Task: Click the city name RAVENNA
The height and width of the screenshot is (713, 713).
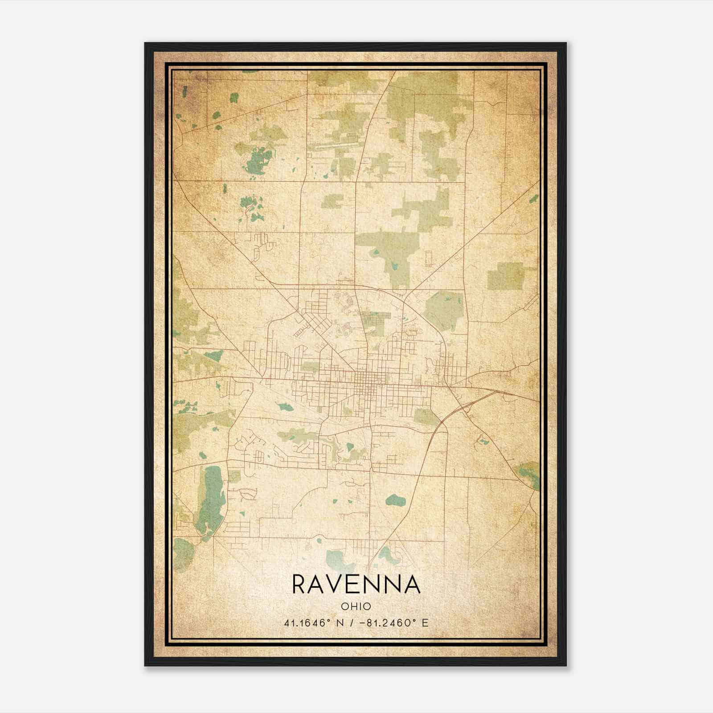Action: (356, 585)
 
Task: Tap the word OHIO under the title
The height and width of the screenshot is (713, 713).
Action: (356, 606)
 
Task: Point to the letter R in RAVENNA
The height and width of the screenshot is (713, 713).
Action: (299, 585)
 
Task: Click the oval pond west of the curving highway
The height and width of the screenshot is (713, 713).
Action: (395, 500)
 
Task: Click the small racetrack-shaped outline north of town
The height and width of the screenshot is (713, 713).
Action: (429, 258)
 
